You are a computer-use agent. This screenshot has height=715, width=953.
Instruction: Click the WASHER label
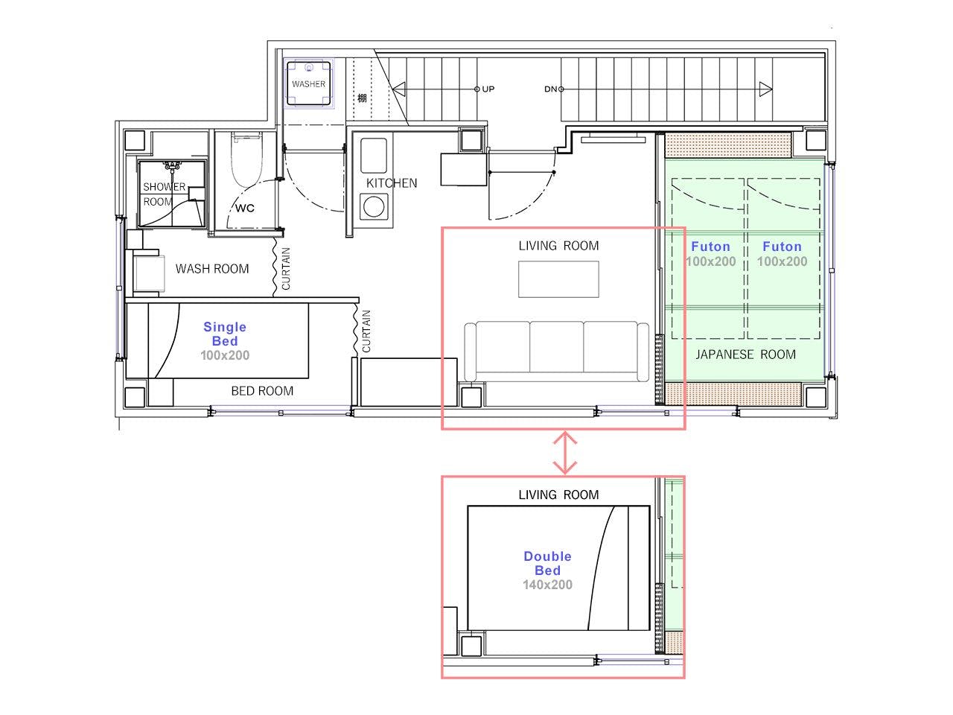tap(308, 83)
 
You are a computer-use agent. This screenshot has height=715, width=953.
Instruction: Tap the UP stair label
tap(488, 89)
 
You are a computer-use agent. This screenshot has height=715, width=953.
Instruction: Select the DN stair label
tap(550, 89)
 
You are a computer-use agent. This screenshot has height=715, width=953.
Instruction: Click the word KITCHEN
tap(392, 183)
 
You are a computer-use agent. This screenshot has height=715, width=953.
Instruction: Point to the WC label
tap(245, 208)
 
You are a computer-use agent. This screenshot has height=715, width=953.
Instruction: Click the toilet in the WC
tap(246, 159)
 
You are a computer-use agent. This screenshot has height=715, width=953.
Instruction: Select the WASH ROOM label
tap(212, 269)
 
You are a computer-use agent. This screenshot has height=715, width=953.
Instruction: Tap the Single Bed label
tap(225, 334)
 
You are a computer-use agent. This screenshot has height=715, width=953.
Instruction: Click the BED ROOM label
tap(262, 391)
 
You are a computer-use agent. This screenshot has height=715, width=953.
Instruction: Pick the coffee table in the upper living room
tap(558, 279)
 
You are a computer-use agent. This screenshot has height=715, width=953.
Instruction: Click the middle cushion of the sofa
tap(557, 347)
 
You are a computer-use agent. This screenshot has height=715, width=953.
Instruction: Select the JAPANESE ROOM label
tap(745, 355)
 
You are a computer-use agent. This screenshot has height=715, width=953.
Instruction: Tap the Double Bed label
tap(547, 563)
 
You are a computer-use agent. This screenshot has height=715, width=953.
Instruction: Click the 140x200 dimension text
tap(547, 585)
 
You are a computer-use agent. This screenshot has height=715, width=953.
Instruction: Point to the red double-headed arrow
tap(565, 452)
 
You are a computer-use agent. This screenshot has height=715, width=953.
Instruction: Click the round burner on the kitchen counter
tap(374, 206)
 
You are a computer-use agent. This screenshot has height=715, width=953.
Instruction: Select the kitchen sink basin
tap(374, 156)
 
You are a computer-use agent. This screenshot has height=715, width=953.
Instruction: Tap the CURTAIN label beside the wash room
tap(286, 269)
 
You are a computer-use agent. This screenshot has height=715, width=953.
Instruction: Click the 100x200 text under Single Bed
tap(225, 355)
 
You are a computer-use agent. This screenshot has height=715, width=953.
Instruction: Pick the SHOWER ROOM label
tap(165, 194)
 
